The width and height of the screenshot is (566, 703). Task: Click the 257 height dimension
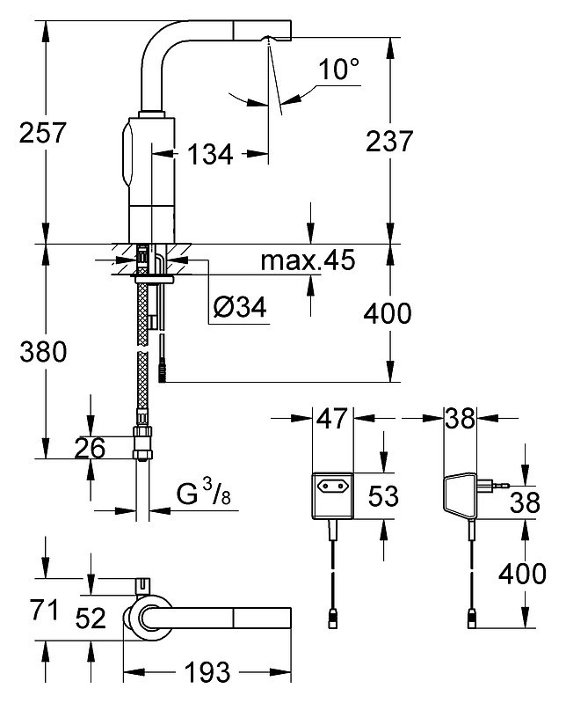pos(42,133)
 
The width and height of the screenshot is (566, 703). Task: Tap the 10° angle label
pos(338,70)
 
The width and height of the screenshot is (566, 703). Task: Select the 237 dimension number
pos(389,141)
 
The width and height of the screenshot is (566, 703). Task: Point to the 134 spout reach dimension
pos(210,154)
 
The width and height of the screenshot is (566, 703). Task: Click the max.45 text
pos(308,260)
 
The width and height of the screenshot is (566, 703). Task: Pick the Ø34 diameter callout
pos(240,307)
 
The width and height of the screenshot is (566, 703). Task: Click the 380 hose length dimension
pos(43,352)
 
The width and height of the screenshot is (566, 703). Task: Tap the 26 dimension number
pos(90,448)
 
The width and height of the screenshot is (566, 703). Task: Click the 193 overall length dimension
pos(207,672)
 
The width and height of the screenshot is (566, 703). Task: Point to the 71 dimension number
pos(44,610)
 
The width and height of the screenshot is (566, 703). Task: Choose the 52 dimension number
pos(91,618)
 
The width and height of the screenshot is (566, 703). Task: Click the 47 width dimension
pos(332,418)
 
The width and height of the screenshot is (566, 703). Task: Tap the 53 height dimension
pos(383,496)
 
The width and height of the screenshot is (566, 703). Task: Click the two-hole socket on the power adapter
pos(332,486)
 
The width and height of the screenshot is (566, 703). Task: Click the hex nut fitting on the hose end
pos(142,443)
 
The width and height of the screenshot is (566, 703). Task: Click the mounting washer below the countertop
pos(152,280)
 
